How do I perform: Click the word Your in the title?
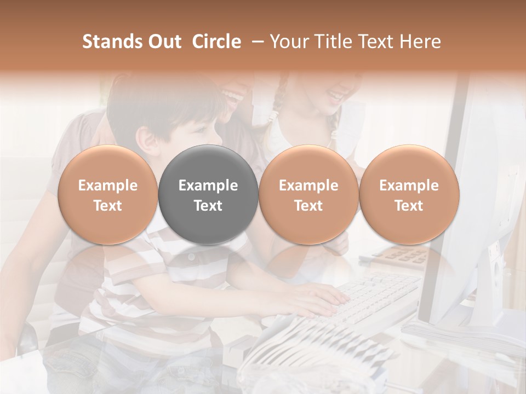[x=289, y=42]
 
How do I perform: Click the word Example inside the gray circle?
[x=208, y=186]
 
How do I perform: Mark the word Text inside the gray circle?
[x=208, y=206]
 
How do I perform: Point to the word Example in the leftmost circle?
[x=107, y=186]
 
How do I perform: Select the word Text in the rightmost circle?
[x=409, y=206]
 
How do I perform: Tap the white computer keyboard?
[x=378, y=298]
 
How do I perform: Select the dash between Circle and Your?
[x=255, y=42]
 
